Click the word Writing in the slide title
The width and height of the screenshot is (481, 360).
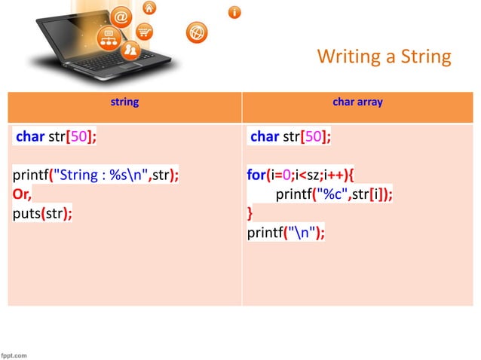348,56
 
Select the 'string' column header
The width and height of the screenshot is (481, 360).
124,102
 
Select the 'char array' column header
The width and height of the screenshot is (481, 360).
357,102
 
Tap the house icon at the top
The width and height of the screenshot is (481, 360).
149,8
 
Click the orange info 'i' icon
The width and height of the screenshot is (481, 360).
235,12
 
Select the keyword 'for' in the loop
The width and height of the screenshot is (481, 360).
256,175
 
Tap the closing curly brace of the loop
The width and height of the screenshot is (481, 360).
250,213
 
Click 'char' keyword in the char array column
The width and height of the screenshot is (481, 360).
265,137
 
